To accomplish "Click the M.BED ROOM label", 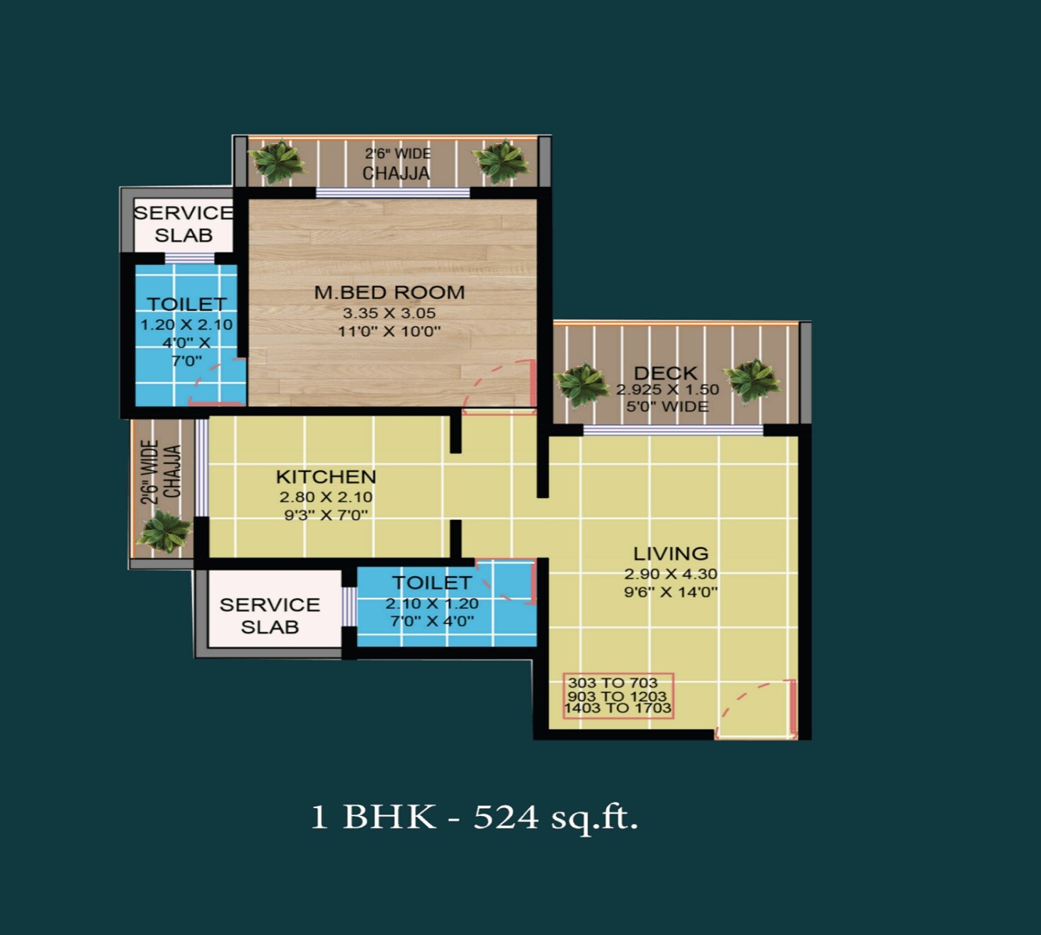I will (389, 292).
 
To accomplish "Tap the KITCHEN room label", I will (326, 477).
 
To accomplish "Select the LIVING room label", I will (671, 553).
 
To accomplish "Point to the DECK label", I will (666, 373).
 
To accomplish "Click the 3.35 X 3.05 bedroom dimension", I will (389, 313).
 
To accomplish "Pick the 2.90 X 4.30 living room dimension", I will (671, 574).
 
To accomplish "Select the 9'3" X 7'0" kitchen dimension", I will (326, 515).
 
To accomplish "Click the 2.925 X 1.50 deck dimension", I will (667, 390).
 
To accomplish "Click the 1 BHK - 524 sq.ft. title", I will (474, 817).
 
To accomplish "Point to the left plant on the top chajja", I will (278, 161).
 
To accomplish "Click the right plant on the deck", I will (752, 380).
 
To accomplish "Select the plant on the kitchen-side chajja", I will (164, 531).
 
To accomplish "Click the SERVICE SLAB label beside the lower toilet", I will (270, 616).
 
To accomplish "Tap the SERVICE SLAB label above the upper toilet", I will (183, 224).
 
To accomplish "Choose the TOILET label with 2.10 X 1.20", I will (432, 583).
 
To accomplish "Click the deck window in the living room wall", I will (673, 430).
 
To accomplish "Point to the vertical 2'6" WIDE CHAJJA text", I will (161, 472).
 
